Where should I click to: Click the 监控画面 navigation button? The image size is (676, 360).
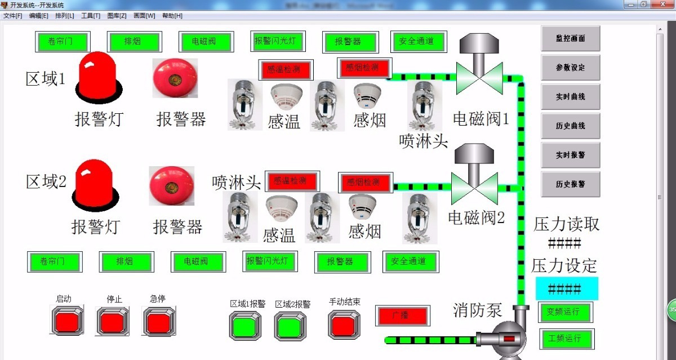(x=570, y=38)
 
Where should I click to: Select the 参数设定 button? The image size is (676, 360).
(x=570, y=68)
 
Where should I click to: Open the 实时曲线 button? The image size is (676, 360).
(x=570, y=97)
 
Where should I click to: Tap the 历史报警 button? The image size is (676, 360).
(x=570, y=184)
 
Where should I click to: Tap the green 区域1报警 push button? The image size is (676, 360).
(x=245, y=326)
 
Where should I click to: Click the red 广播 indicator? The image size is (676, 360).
(x=402, y=315)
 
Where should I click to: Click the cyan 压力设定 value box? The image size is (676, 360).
(x=566, y=289)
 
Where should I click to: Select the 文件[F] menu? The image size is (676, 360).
(x=12, y=16)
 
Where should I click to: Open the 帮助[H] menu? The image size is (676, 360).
(x=172, y=16)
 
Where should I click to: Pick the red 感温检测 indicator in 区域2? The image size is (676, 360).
(x=292, y=181)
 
